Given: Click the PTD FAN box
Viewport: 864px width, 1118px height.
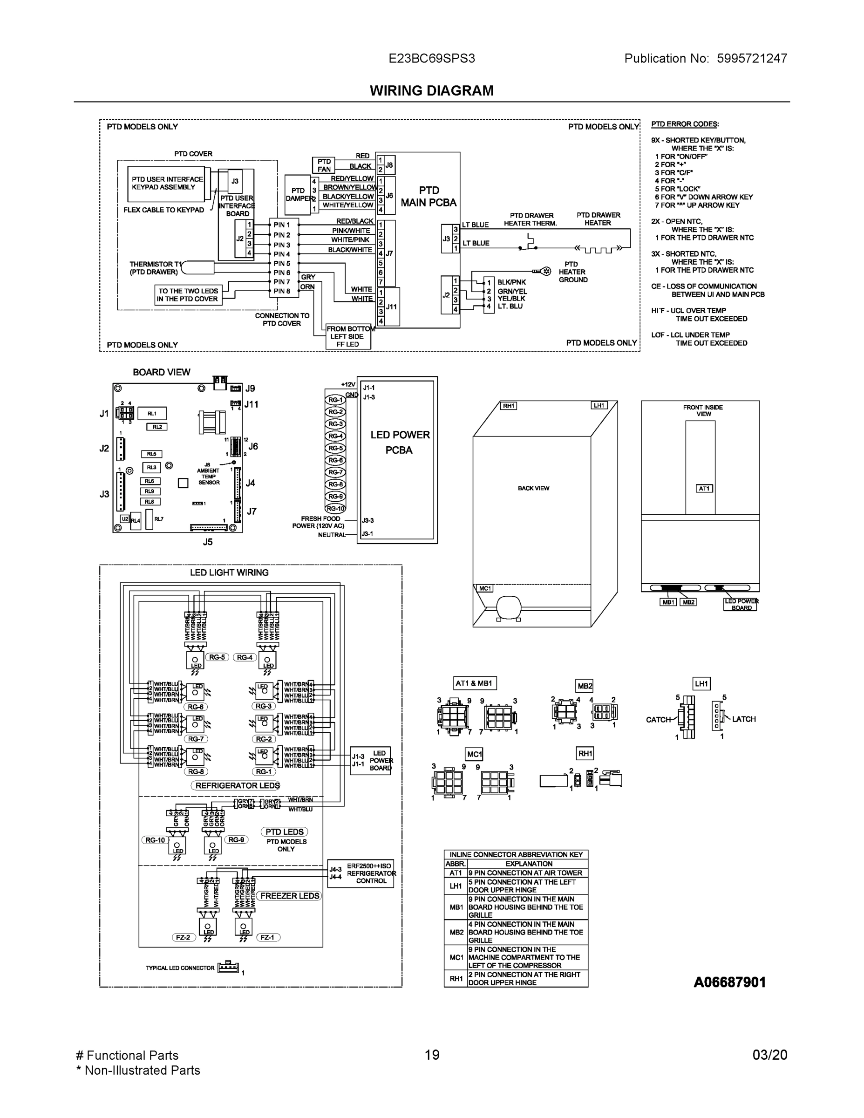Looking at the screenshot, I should (x=324, y=165).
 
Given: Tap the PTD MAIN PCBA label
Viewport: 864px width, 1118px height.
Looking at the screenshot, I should (x=429, y=197).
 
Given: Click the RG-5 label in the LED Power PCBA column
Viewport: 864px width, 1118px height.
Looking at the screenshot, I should (x=335, y=448).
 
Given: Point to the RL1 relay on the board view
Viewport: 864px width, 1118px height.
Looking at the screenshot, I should (x=152, y=414).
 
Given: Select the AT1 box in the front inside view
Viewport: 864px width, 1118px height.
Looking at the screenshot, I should (x=704, y=488).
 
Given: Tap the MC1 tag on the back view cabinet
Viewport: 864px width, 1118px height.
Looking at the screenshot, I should (x=485, y=588).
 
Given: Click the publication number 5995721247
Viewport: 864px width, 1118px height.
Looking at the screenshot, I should (x=751, y=58).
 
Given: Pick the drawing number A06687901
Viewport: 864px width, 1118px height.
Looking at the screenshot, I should (x=729, y=982).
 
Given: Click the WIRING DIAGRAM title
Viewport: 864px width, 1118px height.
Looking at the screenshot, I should (x=431, y=91).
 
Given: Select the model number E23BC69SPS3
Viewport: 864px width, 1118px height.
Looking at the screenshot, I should (x=431, y=58).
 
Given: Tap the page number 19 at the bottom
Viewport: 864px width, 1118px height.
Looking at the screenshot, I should (x=432, y=1055).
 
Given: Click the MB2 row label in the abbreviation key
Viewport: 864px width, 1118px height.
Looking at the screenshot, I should (x=456, y=932).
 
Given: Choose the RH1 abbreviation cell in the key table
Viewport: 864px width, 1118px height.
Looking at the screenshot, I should (x=456, y=978).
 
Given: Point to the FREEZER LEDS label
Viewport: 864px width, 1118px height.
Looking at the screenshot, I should (x=290, y=896).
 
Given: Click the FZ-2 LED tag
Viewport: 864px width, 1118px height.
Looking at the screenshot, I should (x=183, y=937).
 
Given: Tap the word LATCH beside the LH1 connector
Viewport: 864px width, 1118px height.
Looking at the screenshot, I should (x=744, y=719).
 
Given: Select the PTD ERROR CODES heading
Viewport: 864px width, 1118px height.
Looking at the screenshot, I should (x=685, y=124).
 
